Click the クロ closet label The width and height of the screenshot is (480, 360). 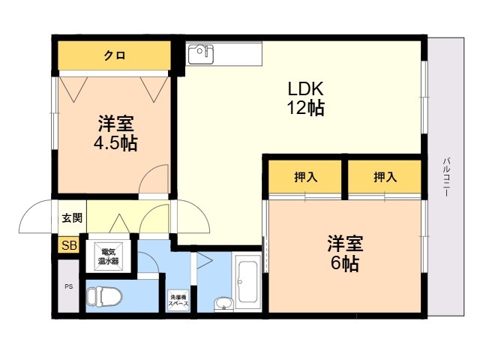[115, 55]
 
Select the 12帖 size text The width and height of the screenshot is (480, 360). [304, 108]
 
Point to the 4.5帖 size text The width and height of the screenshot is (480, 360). [115, 142]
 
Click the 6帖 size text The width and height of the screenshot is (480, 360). [344, 263]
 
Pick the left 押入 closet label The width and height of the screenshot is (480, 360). [305, 178]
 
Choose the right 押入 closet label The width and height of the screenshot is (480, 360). [385, 178]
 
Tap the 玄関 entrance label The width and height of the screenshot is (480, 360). [72, 218]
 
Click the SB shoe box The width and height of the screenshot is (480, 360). [69, 246]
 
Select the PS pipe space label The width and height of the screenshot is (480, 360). [69, 286]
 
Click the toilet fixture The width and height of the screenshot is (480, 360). [103, 296]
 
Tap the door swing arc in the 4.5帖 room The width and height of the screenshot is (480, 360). [156, 179]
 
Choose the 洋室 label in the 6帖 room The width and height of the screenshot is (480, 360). [345, 244]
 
